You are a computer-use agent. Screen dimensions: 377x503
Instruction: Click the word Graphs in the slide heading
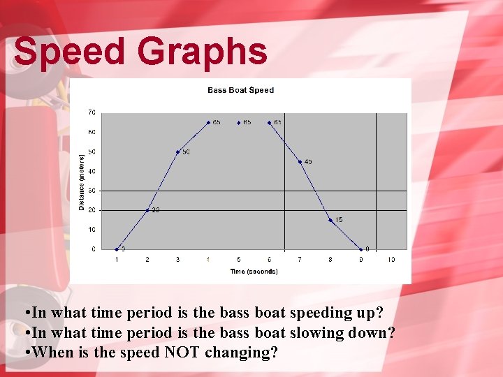pos(202,52)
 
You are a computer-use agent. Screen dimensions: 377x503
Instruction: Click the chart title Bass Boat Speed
pos(240,90)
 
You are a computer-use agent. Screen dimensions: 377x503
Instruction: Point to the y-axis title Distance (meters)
pos(82,182)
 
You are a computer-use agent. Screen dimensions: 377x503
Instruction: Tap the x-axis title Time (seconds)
pos(254,272)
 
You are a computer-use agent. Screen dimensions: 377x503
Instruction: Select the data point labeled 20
pos(147,209)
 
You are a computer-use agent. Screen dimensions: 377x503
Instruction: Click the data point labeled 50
pos(177,151)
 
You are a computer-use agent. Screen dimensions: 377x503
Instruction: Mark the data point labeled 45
pos(300,161)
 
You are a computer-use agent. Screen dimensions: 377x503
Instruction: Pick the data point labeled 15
pos(330,220)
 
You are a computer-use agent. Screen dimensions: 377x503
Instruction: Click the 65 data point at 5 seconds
pos(239,122)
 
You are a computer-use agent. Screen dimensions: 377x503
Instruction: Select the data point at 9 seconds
pos(361,249)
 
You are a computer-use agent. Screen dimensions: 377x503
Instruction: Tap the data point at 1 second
pos(117,249)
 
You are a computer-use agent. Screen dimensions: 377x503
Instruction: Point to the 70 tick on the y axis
pos(92,112)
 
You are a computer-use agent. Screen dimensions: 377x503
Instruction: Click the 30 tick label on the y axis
pos(92,191)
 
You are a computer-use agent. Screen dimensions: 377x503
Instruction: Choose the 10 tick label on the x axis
pos(391,260)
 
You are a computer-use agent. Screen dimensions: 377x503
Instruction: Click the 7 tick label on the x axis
pos(300,260)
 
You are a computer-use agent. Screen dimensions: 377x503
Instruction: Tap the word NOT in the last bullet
pos(183,353)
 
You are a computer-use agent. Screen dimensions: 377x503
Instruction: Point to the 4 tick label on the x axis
pos(208,260)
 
